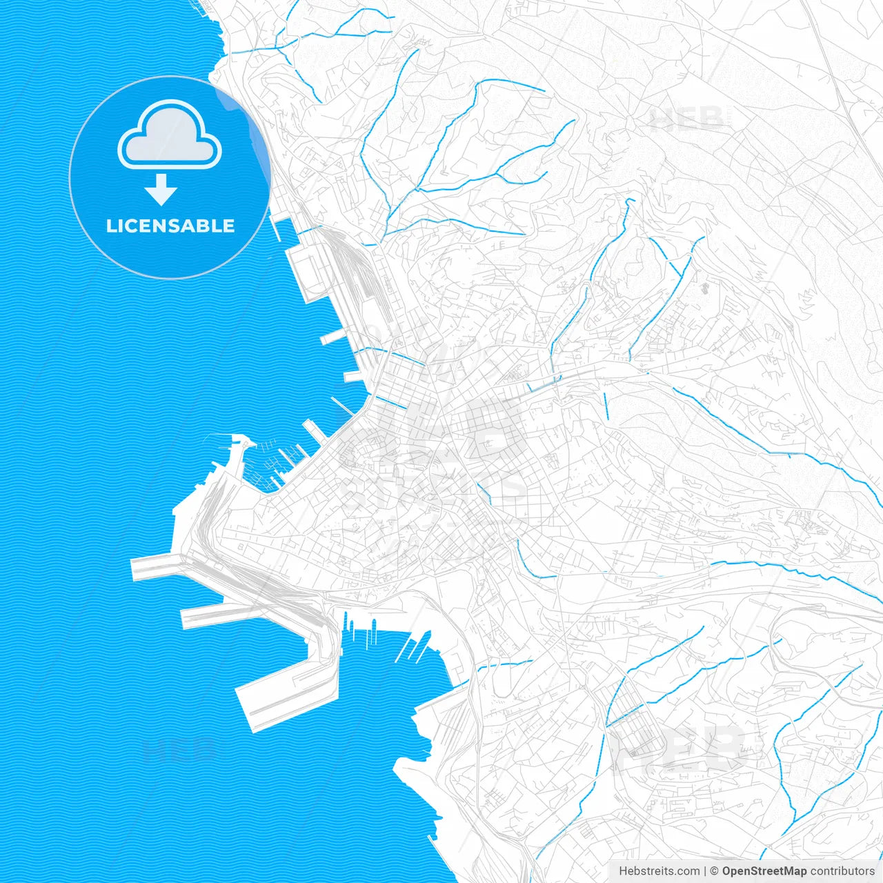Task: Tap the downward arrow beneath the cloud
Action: click(161, 190)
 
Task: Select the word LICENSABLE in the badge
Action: click(170, 226)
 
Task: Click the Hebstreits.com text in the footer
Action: click(659, 871)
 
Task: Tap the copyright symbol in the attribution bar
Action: click(715, 871)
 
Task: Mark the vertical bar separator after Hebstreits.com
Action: click(705, 871)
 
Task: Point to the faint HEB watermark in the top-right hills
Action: click(686, 119)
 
